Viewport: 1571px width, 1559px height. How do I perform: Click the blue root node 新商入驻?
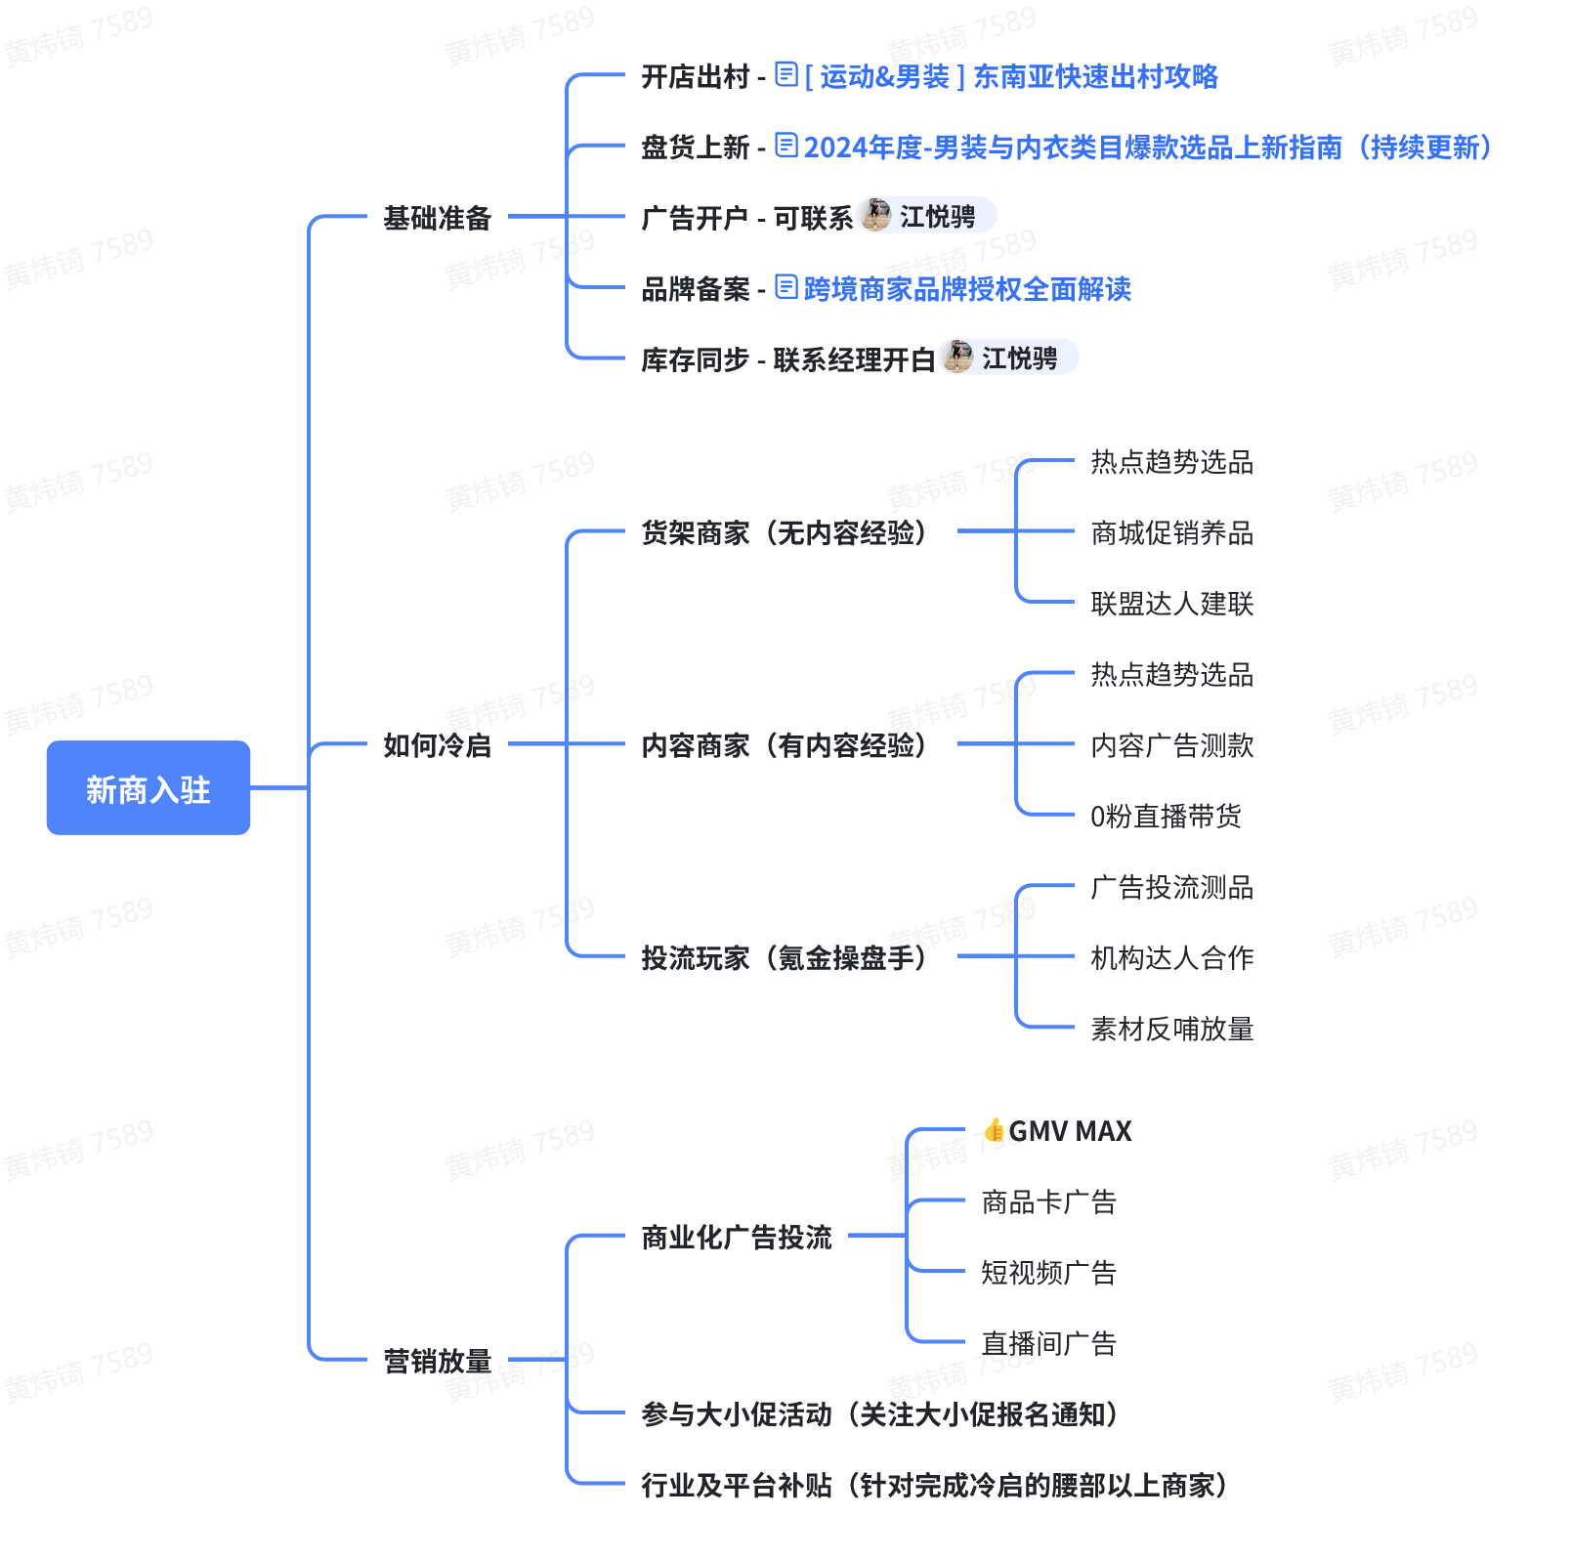tap(148, 788)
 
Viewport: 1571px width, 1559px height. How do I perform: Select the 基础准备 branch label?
tap(437, 218)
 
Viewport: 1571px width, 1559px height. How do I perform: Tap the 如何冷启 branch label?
tap(437, 745)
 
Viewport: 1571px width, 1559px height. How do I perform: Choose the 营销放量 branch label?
tap(437, 1361)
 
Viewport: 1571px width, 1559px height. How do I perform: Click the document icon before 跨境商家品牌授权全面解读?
tap(786, 287)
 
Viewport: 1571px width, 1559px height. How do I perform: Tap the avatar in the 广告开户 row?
tap(876, 215)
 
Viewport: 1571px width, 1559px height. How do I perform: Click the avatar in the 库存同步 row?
tap(958, 357)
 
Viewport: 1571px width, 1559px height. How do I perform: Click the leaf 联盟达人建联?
tap(1171, 604)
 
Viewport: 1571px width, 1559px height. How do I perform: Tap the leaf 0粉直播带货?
tap(1166, 816)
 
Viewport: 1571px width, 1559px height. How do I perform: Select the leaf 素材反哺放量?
tap(1171, 1029)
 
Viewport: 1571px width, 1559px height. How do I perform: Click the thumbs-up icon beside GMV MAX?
tap(994, 1130)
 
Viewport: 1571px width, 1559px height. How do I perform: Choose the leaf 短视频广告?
tap(1048, 1273)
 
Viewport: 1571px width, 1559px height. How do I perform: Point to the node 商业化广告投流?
tap(737, 1238)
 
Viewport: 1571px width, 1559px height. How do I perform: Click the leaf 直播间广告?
tap(1048, 1344)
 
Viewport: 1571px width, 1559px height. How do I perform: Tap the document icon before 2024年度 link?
tap(786, 146)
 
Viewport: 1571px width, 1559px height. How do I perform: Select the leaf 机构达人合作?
tap(1171, 957)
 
